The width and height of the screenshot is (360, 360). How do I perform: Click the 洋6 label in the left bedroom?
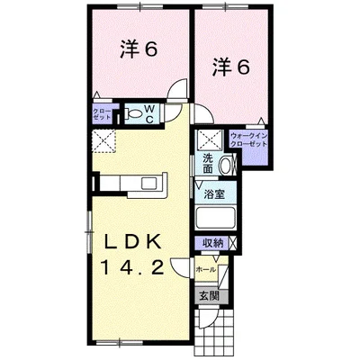pos(139,49)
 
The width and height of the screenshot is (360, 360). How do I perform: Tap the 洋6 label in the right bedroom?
pos(230,66)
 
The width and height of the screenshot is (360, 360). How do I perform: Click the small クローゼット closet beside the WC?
pos(101,114)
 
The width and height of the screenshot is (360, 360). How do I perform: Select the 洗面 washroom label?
pos(207,164)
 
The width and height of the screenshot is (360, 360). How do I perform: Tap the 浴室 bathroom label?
pos(213,193)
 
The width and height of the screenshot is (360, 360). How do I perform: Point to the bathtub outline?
pos(216,218)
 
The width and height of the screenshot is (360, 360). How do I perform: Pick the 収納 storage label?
pos(212,242)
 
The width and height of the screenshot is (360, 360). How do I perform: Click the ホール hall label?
pos(205,267)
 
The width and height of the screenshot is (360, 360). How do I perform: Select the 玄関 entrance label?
pos(208,295)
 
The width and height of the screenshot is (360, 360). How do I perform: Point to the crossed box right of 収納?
pos(233,242)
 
